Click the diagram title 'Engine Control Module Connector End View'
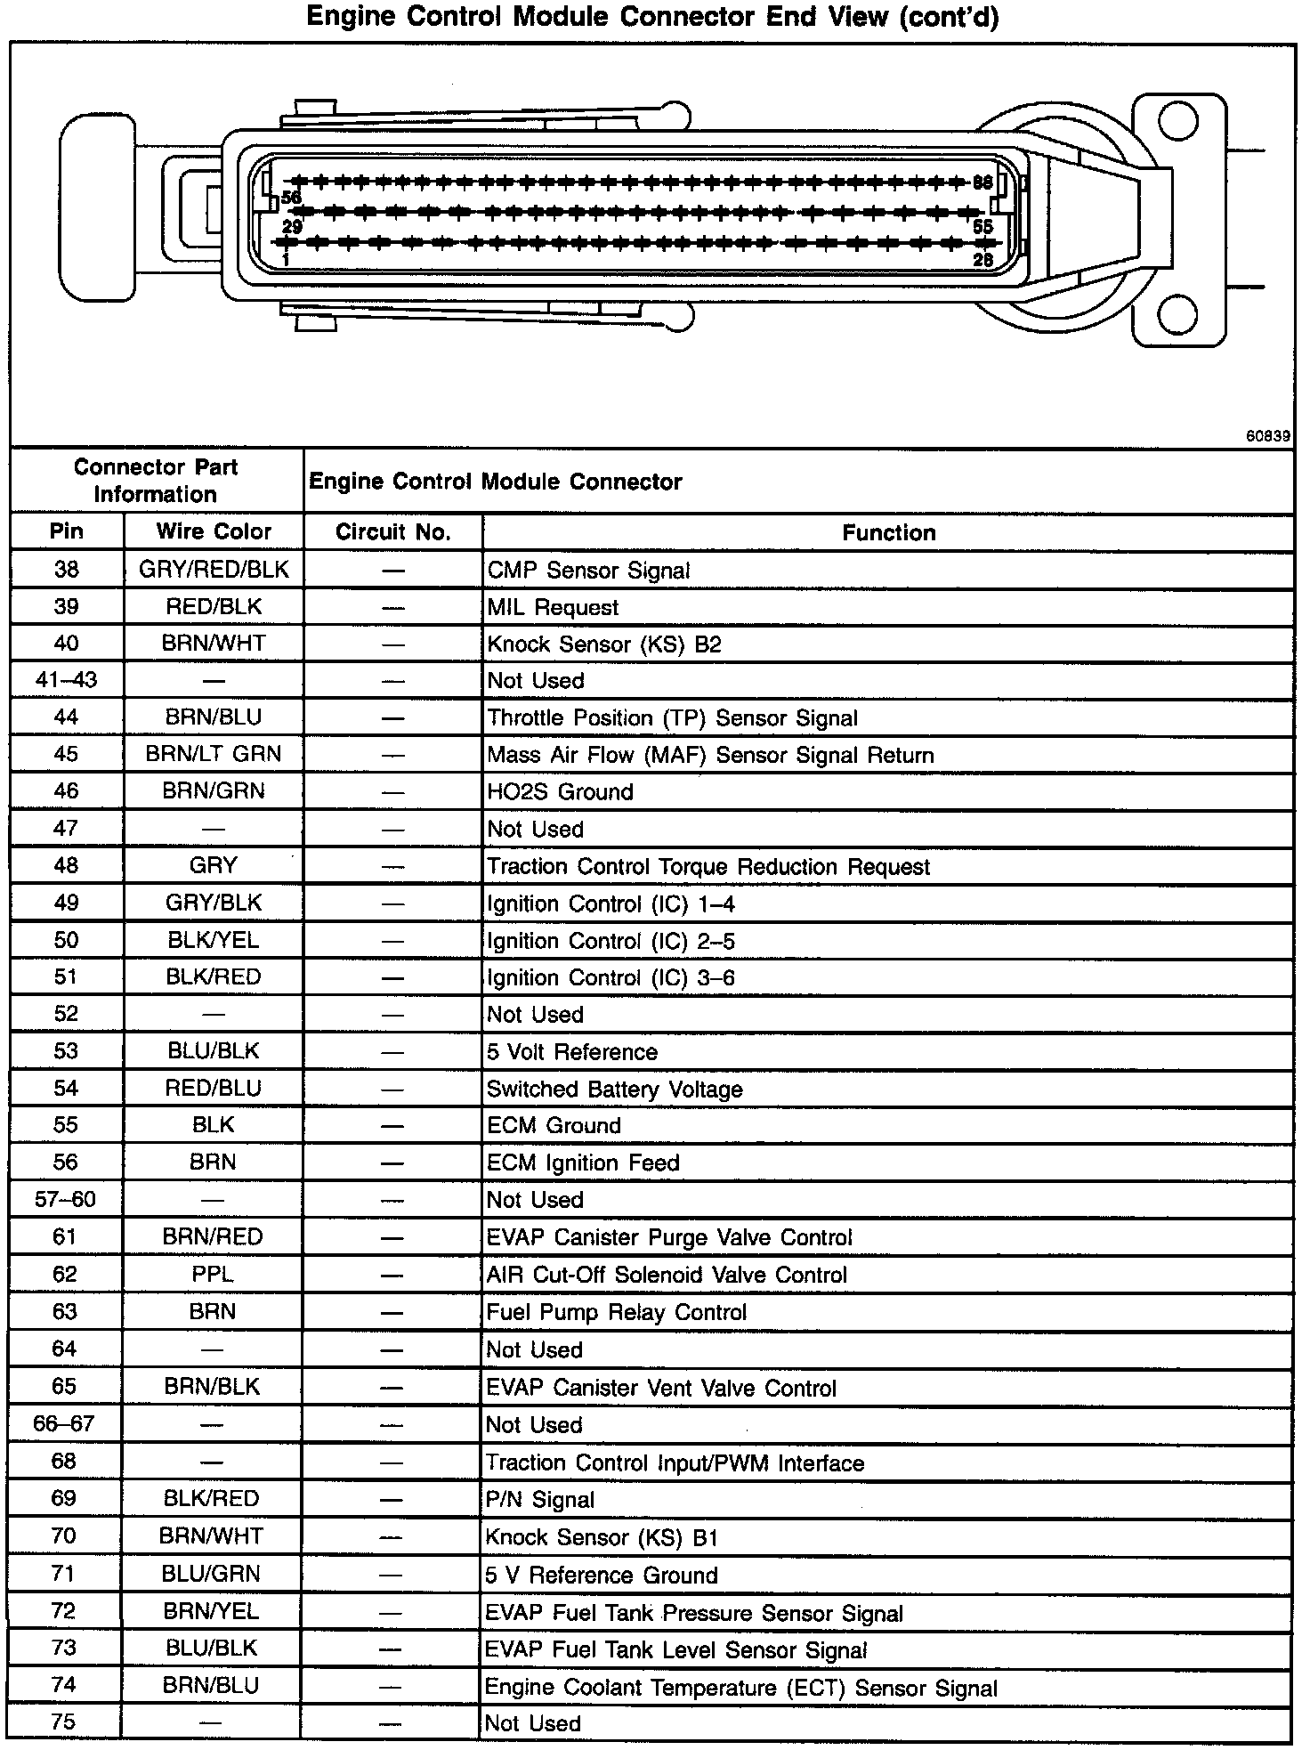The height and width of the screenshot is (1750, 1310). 652,17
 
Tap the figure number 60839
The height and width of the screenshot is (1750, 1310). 1267,436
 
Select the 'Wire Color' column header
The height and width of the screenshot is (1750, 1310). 214,531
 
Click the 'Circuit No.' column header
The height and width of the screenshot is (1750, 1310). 392,532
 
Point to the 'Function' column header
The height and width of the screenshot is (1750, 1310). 888,532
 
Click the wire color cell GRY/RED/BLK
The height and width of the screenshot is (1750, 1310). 214,570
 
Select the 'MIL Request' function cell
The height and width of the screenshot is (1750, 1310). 553,607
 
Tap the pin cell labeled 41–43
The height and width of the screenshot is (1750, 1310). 66,680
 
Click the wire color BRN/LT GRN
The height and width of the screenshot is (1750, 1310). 214,754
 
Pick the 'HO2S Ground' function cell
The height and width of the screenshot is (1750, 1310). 560,791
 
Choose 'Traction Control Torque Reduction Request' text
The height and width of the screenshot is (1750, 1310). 708,866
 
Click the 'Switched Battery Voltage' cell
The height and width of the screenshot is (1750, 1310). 614,1089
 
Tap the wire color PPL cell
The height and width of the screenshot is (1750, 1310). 213,1274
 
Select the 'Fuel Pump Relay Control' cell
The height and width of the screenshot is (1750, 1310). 616,1312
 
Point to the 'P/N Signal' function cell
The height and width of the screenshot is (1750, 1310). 540,1499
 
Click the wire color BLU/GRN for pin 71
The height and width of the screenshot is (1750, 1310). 212,1574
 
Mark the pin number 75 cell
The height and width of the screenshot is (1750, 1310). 64,1722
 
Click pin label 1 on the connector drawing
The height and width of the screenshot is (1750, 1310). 285,259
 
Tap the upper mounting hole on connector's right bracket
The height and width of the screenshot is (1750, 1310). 1178,121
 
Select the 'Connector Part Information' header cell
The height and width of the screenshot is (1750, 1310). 156,481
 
